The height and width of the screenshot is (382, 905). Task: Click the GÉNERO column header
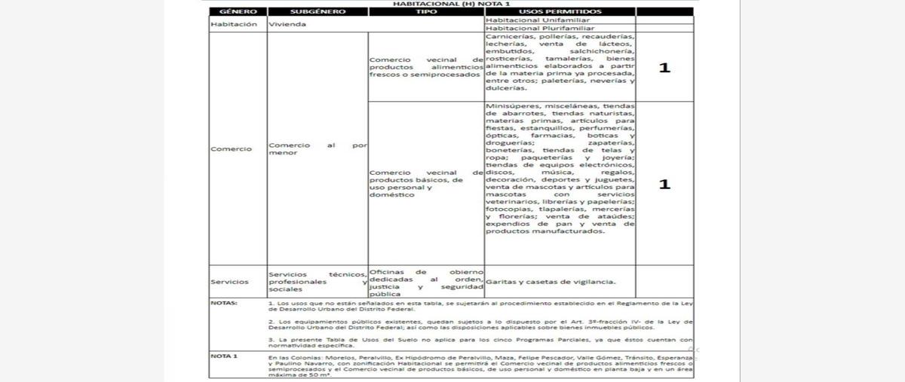coord(238,12)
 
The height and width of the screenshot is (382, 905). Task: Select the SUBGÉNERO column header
coord(317,12)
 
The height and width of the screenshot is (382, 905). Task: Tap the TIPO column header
coord(426,12)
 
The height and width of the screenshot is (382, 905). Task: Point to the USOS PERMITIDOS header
coord(560,12)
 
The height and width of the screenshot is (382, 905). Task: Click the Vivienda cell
coord(287,24)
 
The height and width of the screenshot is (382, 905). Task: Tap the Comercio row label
coord(231,148)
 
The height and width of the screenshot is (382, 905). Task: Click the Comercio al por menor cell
coord(318,148)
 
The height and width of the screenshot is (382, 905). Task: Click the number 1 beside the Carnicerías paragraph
coord(664,68)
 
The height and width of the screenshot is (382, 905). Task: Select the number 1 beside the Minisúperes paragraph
coord(664,184)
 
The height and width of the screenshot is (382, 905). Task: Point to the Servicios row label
coord(229,282)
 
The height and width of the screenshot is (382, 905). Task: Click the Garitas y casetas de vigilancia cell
coord(551,282)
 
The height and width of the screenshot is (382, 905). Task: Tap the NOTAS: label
coord(224,303)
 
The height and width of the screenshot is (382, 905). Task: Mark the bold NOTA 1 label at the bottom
coord(224,355)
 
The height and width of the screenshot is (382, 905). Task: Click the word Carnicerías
coord(510,36)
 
